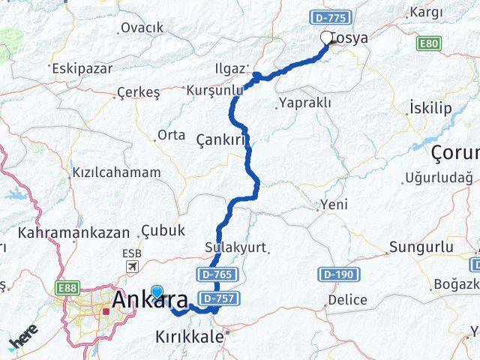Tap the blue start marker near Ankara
(157, 292)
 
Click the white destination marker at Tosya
(326, 37)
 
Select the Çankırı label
(221, 140)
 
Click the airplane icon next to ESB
(133, 266)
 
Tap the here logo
(22, 338)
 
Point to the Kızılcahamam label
(116, 172)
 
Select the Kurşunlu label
(216, 90)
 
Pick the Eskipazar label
(82, 68)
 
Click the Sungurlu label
(421, 247)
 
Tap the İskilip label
(430, 108)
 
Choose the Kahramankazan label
(75, 232)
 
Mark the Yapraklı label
(304, 103)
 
